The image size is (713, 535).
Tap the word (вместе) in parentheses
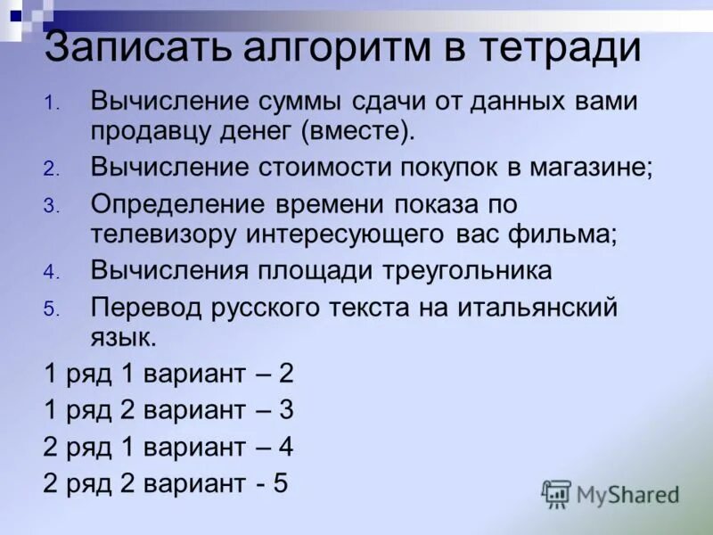pos(357,131)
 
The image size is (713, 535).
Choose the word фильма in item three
pos(560,235)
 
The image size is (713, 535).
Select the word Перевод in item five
pos(148,309)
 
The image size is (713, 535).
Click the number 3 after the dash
pos(286,410)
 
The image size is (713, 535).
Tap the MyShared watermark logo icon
pos(556,493)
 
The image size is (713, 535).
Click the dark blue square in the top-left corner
pos(15,15)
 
